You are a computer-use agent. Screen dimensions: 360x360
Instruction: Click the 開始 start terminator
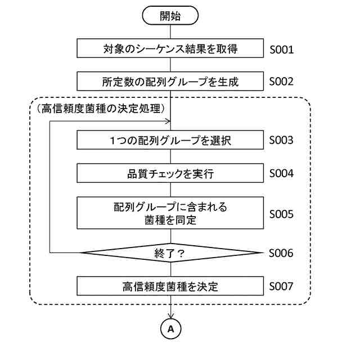pos(170,16)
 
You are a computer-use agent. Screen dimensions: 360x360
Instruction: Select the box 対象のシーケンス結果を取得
pos(170,48)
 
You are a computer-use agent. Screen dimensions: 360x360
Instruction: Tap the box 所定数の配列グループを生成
pos(170,82)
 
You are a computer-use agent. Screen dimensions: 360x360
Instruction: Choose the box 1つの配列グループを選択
pos(170,141)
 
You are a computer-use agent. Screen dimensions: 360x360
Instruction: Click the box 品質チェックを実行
pos(170,174)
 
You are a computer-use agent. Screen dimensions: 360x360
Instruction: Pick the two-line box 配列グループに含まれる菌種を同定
pos(170,213)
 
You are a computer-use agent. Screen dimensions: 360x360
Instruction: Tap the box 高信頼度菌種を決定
pos(170,286)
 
